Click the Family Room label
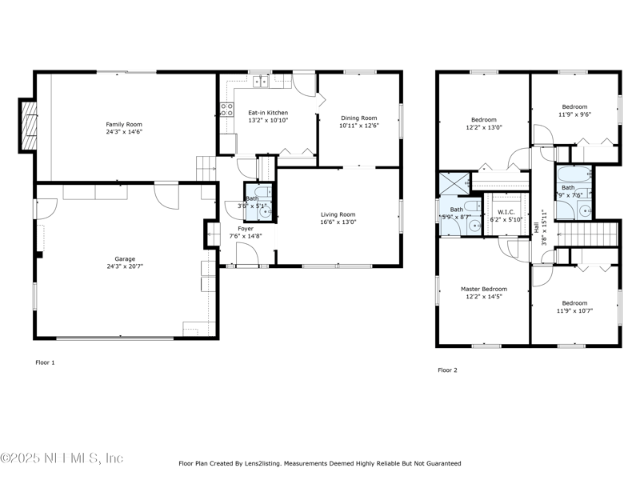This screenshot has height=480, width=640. tap(124, 124)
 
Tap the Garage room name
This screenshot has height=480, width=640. tap(124, 258)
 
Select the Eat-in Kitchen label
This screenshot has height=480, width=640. tap(267, 113)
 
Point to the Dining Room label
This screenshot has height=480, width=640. tap(358, 117)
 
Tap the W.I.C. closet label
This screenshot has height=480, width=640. tap(505, 212)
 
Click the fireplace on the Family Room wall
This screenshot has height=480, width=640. tap(28, 126)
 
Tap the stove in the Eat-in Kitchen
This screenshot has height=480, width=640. tap(226, 110)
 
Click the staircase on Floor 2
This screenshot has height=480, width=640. tap(588, 235)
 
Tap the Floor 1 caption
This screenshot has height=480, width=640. tap(45, 362)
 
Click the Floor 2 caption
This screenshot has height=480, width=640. tap(447, 370)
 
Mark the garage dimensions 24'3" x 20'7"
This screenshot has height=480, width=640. tap(124, 266)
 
